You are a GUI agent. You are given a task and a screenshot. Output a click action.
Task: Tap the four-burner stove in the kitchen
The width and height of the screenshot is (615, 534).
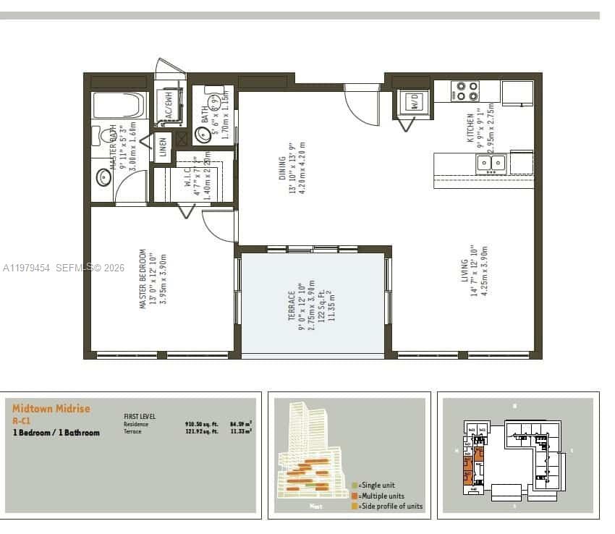tap(465, 91)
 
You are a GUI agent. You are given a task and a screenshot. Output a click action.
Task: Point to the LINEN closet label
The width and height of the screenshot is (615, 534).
tap(163, 148)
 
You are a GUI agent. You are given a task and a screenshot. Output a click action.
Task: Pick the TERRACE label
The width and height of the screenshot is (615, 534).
tap(292, 306)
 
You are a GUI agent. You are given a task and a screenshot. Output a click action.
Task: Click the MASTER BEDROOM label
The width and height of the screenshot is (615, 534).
tap(143, 279)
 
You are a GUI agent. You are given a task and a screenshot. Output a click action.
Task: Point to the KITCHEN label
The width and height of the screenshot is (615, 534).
tap(470, 127)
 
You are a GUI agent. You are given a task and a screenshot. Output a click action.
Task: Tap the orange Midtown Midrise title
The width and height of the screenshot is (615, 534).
tap(51, 409)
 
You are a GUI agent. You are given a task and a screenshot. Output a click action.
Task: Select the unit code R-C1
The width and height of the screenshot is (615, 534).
tap(21, 420)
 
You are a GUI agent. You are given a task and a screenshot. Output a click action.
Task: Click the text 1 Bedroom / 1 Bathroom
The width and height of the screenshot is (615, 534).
tap(56, 433)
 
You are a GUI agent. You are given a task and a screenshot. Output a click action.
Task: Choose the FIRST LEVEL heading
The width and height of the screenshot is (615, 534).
tap(140, 417)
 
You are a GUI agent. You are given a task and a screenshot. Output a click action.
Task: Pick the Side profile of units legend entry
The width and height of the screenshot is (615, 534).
tap(387, 507)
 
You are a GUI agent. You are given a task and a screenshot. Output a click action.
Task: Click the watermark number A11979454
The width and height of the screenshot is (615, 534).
tap(26, 268)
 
